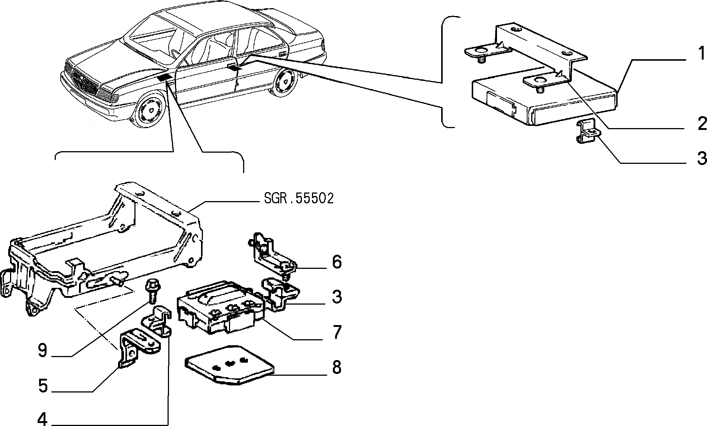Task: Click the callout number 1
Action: click(701, 54)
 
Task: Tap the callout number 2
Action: click(702, 124)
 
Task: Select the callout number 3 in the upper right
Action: click(702, 159)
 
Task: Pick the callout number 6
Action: click(337, 262)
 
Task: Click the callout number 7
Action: click(337, 332)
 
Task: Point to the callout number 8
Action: click(337, 367)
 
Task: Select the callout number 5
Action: click(43, 386)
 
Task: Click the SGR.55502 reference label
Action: click(299, 198)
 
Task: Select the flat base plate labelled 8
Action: click(229, 364)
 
